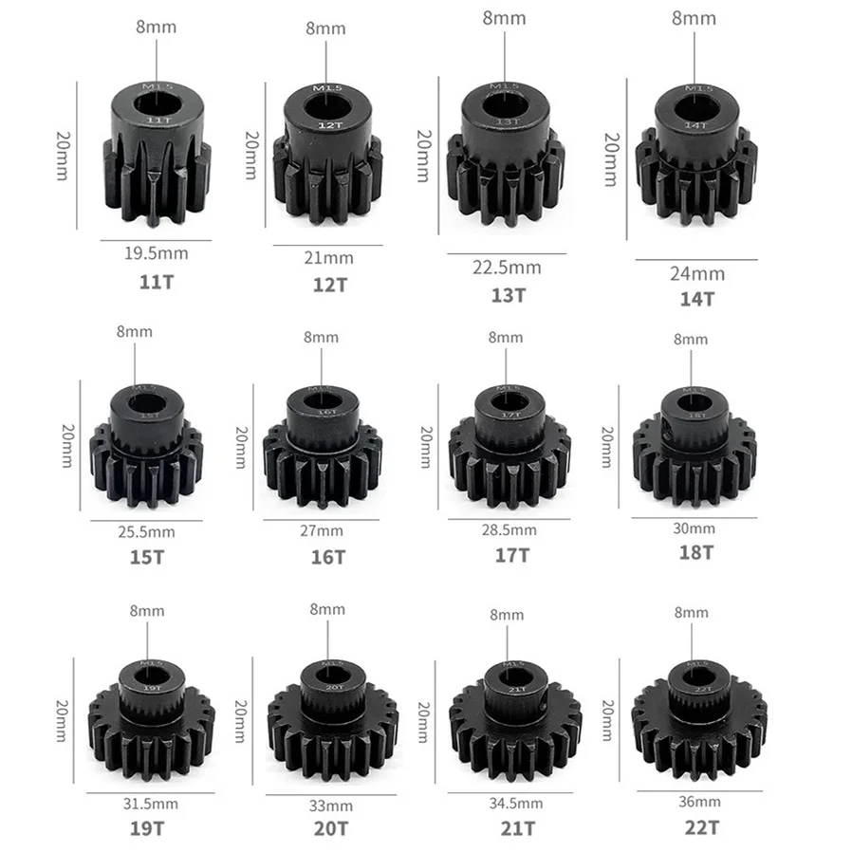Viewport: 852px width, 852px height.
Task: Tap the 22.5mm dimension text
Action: pyautogui.click(x=508, y=269)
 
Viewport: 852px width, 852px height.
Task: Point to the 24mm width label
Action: pyautogui.click(x=697, y=274)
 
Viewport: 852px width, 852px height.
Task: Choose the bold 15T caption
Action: pyautogui.click(x=147, y=557)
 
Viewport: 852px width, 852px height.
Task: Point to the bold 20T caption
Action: pyautogui.click(x=327, y=828)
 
